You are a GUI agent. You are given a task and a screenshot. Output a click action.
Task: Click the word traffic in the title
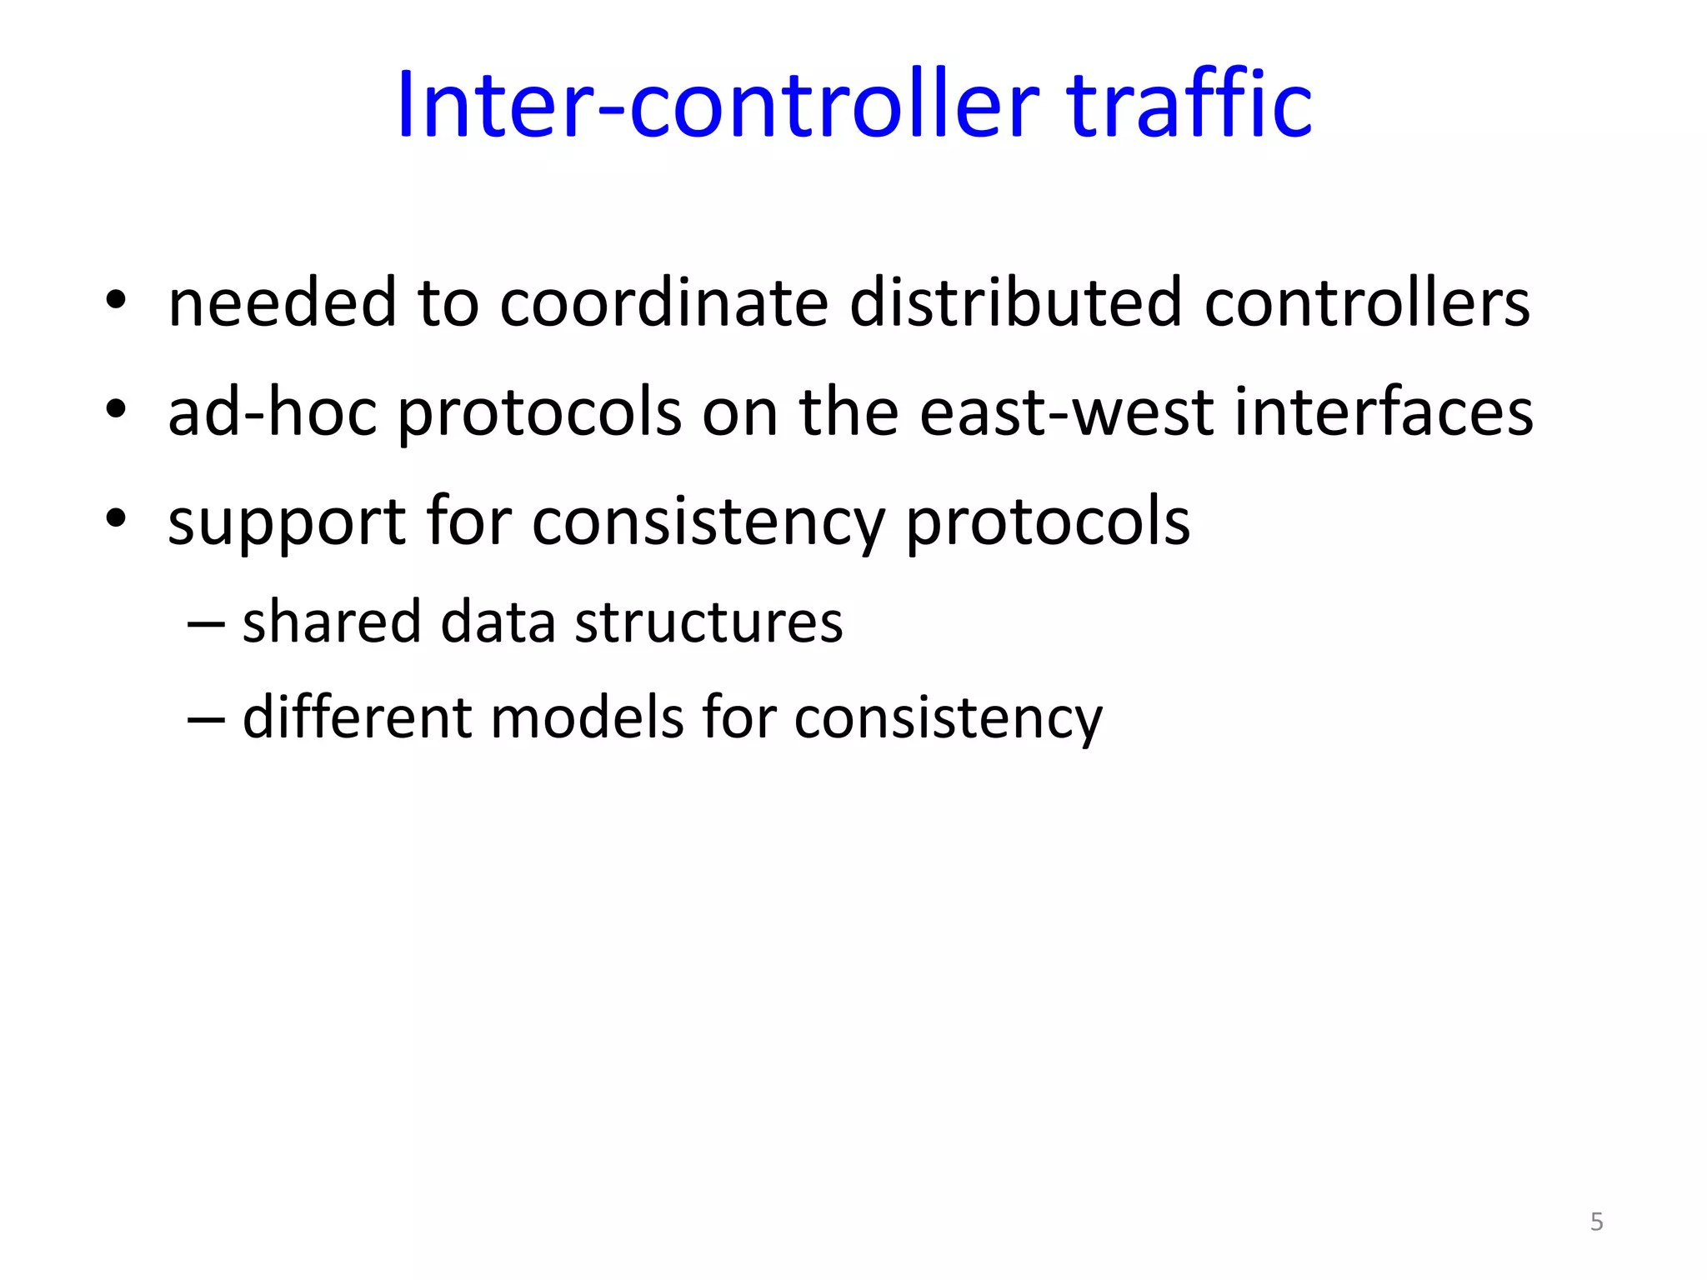[1189, 105]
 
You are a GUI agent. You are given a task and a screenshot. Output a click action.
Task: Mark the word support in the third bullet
[286, 523]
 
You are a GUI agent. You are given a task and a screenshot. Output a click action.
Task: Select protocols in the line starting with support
[1048, 523]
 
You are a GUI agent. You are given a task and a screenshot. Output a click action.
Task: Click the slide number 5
[1596, 1222]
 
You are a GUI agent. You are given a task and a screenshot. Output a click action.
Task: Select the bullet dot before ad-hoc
[116, 409]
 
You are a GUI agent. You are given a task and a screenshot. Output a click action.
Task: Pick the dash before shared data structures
[206, 623]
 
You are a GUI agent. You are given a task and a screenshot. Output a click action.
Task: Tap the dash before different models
[206, 718]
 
